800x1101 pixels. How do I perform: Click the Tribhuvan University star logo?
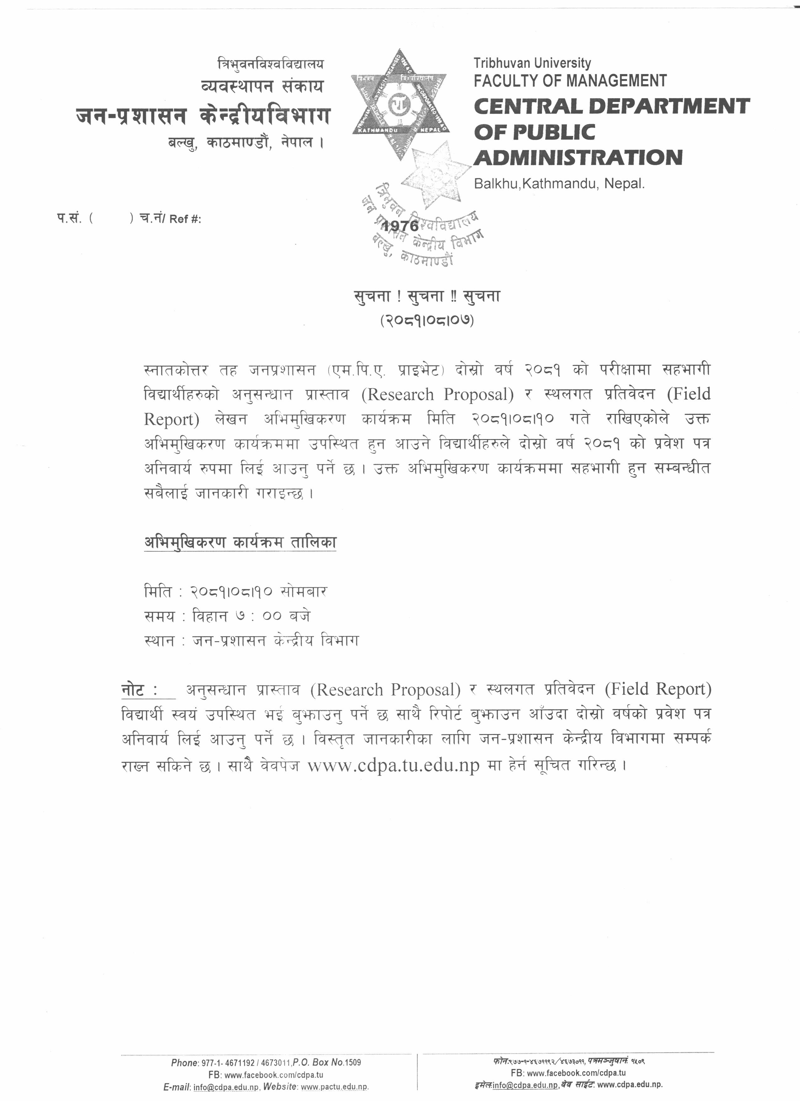(400, 105)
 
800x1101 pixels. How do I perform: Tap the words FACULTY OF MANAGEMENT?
(570, 81)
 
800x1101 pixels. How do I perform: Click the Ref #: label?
(185, 219)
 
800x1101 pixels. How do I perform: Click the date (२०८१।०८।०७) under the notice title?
(427, 320)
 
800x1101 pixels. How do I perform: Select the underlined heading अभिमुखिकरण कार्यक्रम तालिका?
(240, 542)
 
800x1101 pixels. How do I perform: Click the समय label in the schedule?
(159, 616)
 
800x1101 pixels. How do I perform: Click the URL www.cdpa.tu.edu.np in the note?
(393, 765)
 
